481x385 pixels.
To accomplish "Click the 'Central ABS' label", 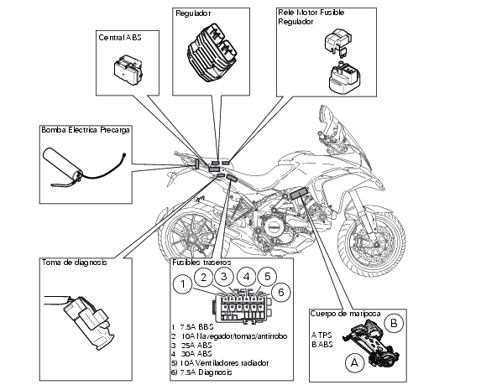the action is pyautogui.click(x=120, y=38).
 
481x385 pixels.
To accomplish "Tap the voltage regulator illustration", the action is pyautogui.click(x=212, y=54).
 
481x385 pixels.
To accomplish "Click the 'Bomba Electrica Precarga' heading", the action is pyautogui.click(x=86, y=130).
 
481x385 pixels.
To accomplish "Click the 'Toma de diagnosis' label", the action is pyautogui.click(x=74, y=263).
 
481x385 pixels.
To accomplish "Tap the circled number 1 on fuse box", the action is pyautogui.click(x=183, y=284).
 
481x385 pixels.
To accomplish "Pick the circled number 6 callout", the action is pyautogui.click(x=281, y=293).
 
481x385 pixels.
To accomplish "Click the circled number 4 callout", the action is pyautogui.click(x=246, y=277).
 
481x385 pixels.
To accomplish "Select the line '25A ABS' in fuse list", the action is pyautogui.click(x=192, y=345).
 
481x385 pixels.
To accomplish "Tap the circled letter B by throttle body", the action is pyautogui.click(x=394, y=323).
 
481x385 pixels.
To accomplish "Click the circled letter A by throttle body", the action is pyautogui.click(x=354, y=363).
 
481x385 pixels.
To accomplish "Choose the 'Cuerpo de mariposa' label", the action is pyautogui.click(x=345, y=314).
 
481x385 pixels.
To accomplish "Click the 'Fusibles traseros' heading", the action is pyautogui.click(x=201, y=263).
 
